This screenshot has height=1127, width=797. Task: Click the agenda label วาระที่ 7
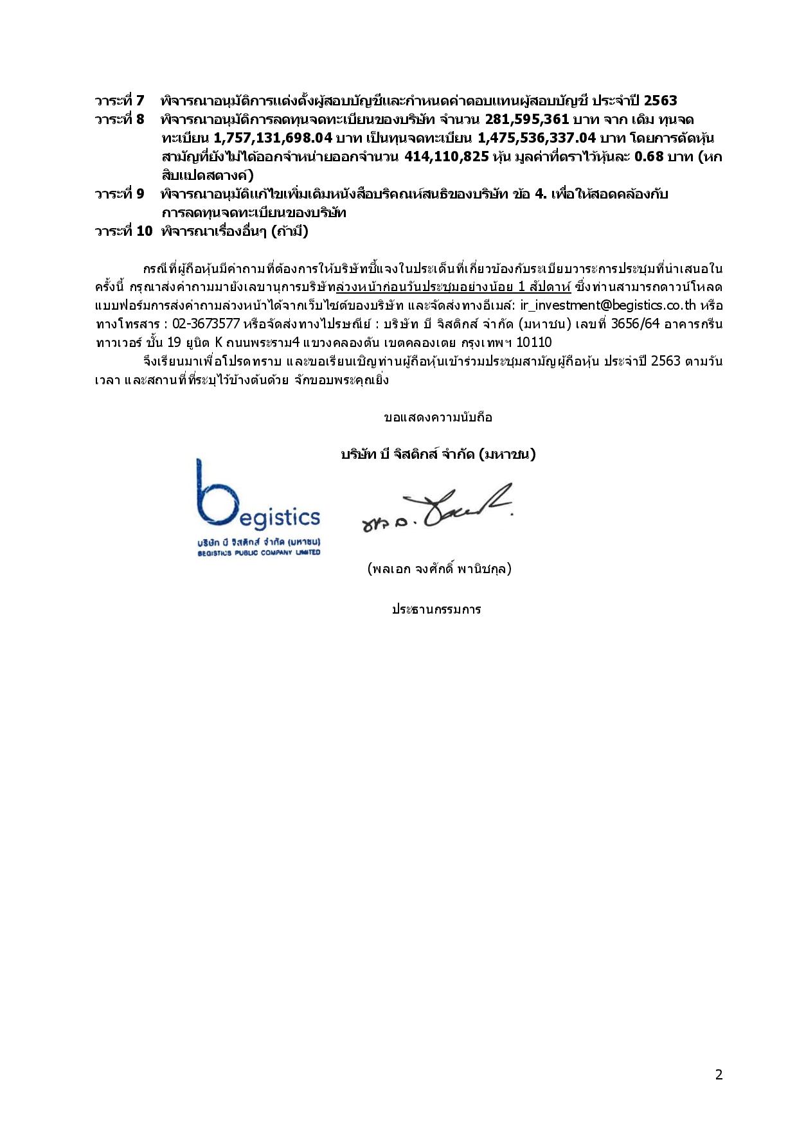point(120,101)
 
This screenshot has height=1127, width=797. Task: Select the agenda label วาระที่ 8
point(120,120)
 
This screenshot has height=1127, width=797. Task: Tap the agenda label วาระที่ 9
point(120,194)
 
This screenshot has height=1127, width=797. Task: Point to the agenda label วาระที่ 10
point(123,231)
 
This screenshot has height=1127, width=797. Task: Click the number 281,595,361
point(527,120)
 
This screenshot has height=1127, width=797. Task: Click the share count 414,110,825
point(447,157)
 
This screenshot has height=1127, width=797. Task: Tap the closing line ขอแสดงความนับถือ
point(438,418)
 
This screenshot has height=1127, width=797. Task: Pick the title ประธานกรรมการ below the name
point(436,609)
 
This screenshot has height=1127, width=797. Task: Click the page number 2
point(719,1075)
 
